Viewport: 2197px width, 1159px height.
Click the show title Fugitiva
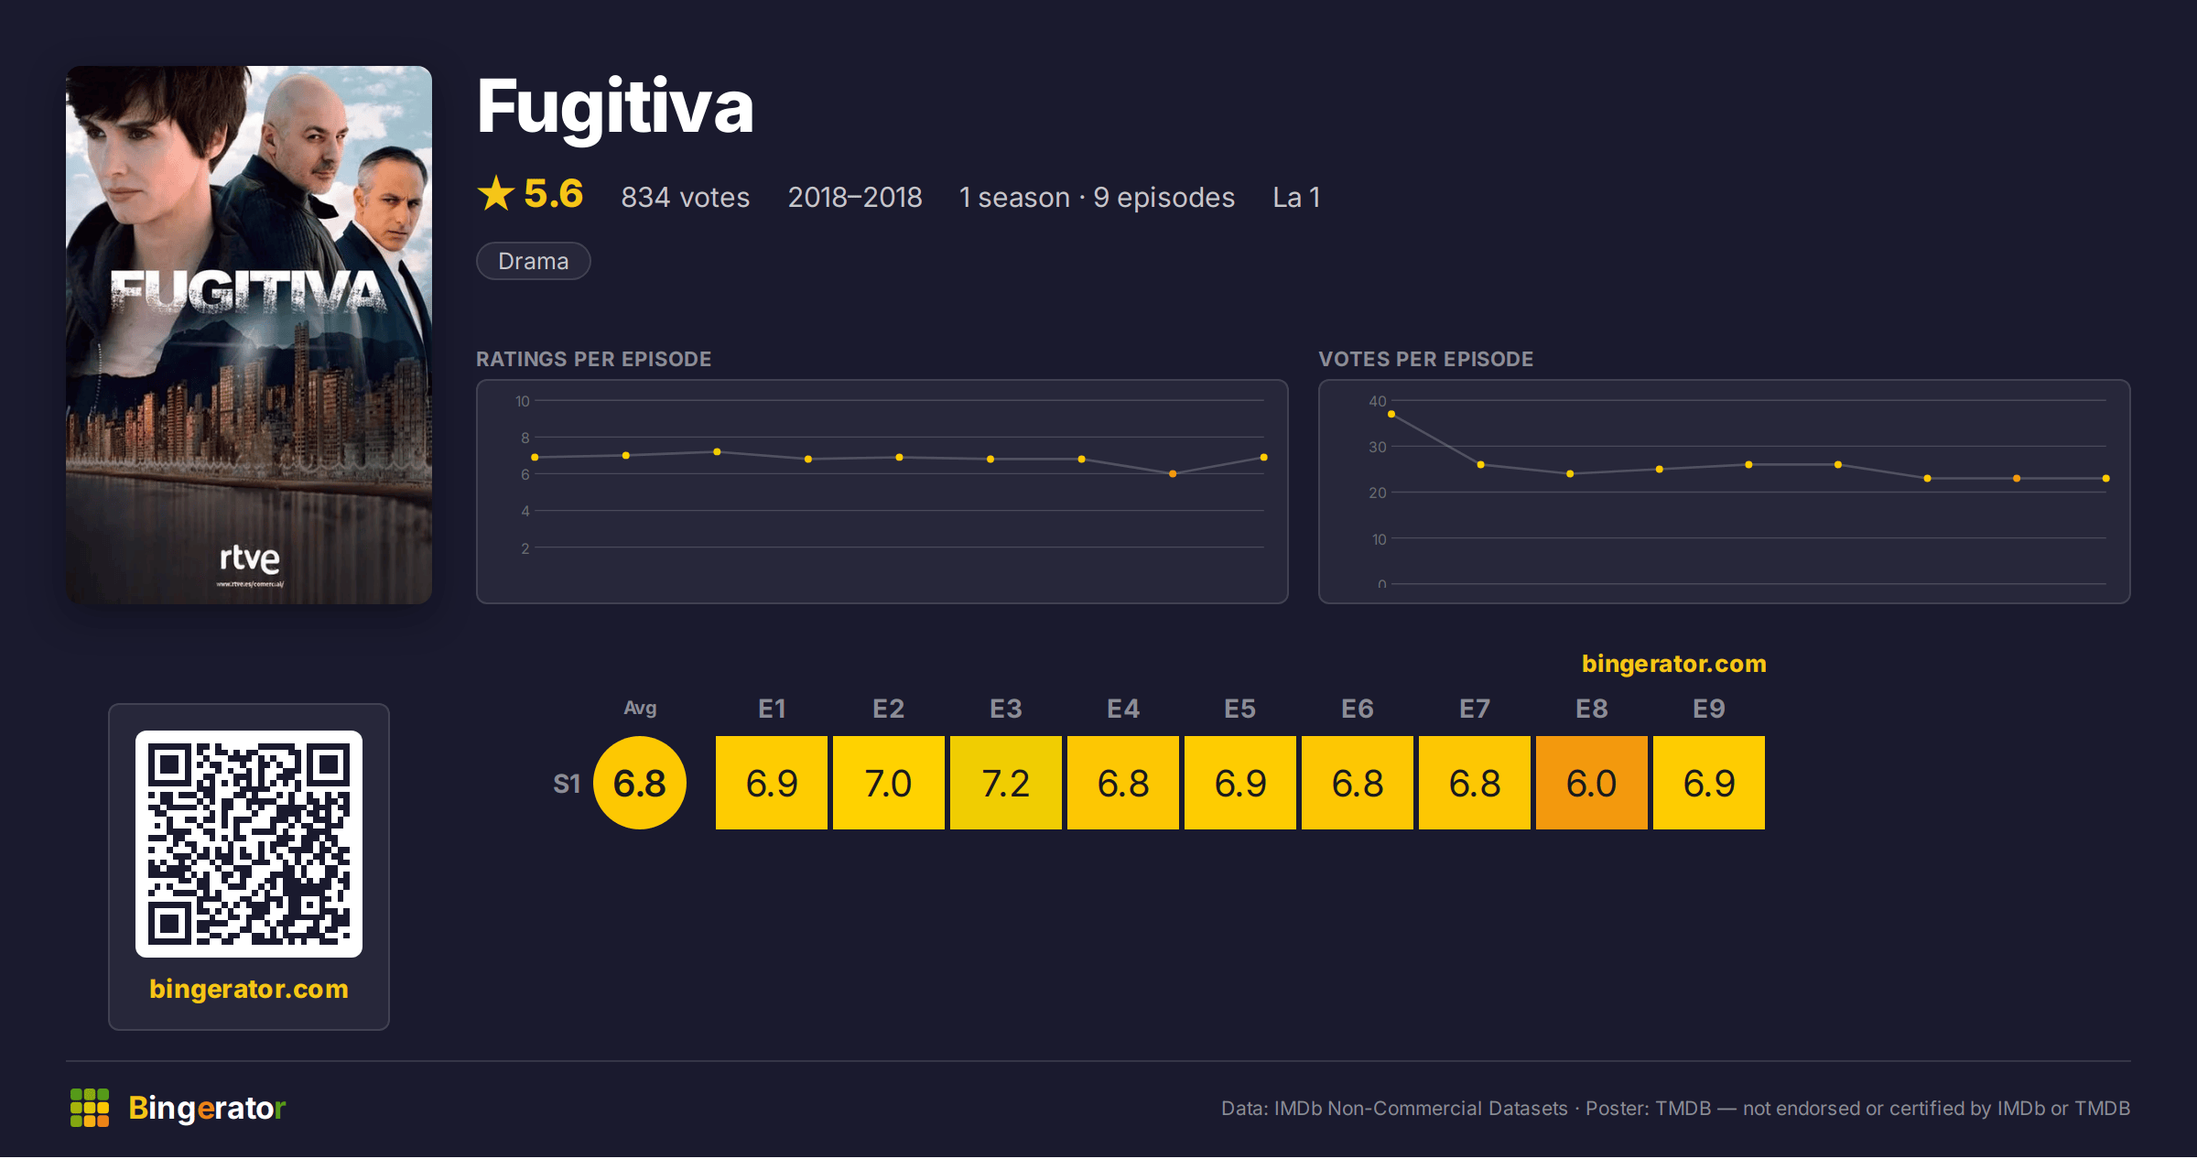click(615, 108)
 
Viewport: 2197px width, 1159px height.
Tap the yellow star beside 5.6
click(496, 193)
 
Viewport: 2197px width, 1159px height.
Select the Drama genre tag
click(534, 261)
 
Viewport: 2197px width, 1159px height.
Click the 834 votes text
click(685, 197)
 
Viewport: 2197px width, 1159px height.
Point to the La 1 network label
click(1296, 197)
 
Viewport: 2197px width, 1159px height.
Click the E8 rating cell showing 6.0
click(1592, 783)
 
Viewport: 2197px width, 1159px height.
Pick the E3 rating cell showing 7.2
click(1006, 783)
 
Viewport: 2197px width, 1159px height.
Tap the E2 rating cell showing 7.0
click(889, 783)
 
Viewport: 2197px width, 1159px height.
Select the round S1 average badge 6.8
click(640, 783)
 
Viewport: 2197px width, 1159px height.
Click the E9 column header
click(1709, 709)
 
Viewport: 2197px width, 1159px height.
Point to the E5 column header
click(1240, 709)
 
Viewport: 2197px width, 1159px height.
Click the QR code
click(249, 844)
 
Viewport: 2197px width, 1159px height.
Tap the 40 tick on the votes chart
click(1378, 401)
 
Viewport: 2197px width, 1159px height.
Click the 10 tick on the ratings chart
click(523, 401)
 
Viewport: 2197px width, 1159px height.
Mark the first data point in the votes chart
click(1391, 415)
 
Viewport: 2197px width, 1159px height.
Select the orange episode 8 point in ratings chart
click(1173, 474)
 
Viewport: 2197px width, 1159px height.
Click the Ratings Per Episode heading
click(593, 359)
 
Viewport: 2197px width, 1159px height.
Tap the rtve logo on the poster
click(250, 558)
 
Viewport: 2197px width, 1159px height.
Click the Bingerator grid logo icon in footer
click(90, 1108)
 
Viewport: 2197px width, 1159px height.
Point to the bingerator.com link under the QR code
click(249, 989)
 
